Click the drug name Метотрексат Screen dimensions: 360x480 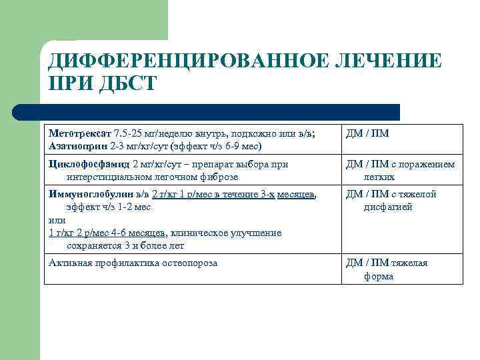(x=80, y=133)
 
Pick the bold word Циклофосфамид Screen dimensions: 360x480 (x=89, y=164)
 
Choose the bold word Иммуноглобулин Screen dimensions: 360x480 (x=91, y=194)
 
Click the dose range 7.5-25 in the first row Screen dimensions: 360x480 (x=128, y=133)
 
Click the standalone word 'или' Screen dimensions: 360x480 (x=57, y=220)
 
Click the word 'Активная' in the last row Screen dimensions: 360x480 (x=69, y=263)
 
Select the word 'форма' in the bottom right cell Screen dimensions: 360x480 (x=379, y=276)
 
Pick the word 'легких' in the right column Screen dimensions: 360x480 (x=379, y=177)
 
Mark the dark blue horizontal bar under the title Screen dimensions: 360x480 (x=227, y=112)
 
